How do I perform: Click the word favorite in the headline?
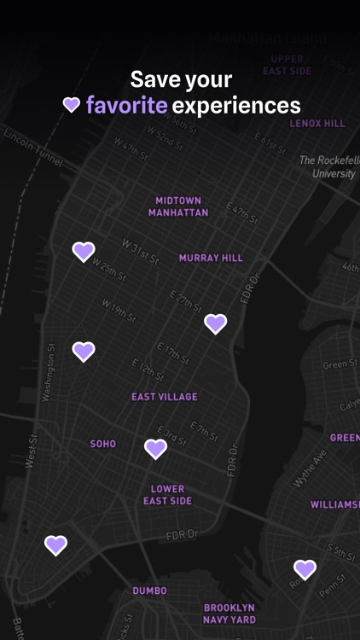(x=126, y=106)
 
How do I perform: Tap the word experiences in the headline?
(x=236, y=106)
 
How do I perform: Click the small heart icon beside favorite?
(x=72, y=105)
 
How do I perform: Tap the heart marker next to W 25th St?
(x=84, y=251)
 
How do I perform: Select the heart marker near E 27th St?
(x=216, y=323)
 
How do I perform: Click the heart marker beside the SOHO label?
(x=155, y=448)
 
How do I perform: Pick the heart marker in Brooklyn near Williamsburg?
(x=305, y=568)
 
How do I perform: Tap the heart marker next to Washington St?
(x=84, y=351)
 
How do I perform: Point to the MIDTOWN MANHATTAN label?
(x=178, y=207)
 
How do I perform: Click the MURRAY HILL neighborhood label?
(x=211, y=258)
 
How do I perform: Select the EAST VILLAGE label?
(x=165, y=397)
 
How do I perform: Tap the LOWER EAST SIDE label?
(x=167, y=495)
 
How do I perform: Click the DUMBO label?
(x=149, y=591)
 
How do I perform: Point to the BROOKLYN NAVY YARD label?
(x=229, y=614)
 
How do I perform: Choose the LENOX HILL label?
(x=317, y=124)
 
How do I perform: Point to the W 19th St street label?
(x=119, y=309)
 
